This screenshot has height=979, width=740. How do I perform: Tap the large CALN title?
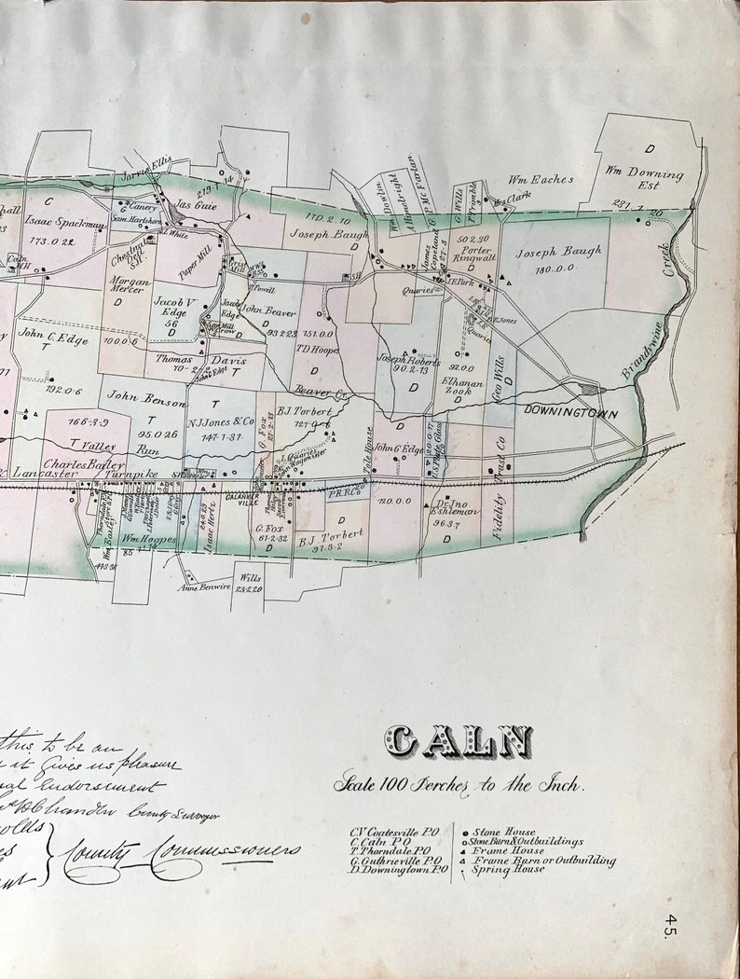coord(459,743)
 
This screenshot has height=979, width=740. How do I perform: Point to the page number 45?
coord(671,925)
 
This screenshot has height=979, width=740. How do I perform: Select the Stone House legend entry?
coord(503,832)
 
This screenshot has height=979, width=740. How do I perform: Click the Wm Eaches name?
coord(541,180)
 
